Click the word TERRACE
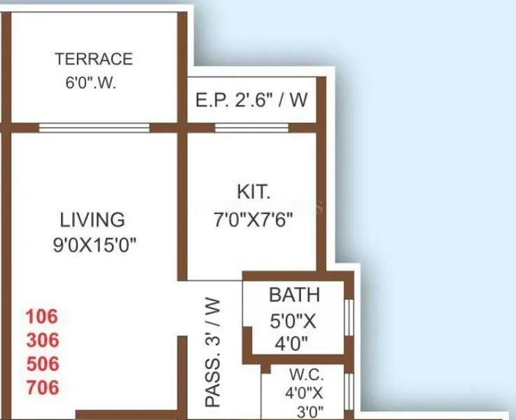(93, 59)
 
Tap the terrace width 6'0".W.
(91, 83)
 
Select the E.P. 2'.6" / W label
(251, 100)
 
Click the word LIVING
(92, 220)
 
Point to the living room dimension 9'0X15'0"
(93, 244)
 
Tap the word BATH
(294, 295)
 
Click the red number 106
(42, 316)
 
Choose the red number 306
(42, 340)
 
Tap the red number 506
(42, 364)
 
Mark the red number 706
(42, 387)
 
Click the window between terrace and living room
(94, 128)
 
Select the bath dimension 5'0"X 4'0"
(293, 332)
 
